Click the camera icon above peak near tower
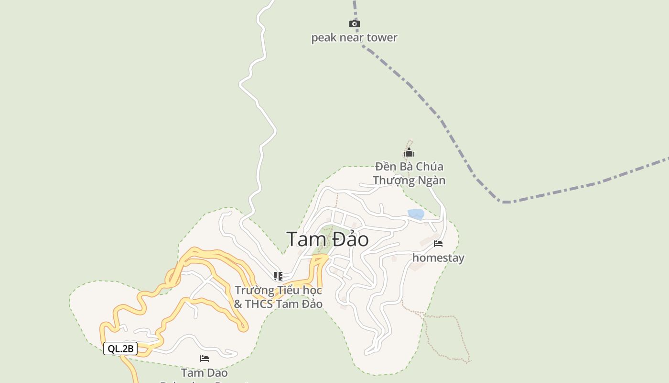(354, 23)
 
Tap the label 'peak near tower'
(354, 37)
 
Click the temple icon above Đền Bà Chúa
(409, 153)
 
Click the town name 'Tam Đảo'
(327, 239)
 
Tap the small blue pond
(416, 214)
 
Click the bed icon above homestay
(438, 244)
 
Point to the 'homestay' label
(438, 258)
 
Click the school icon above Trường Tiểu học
(278, 276)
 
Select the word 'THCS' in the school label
(259, 304)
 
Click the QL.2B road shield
(120, 349)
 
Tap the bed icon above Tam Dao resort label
(205, 359)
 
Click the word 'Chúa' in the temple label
(429, 167)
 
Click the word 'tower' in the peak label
(382, 37)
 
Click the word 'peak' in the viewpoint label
(323, 37)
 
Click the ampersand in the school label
(238, 304)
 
